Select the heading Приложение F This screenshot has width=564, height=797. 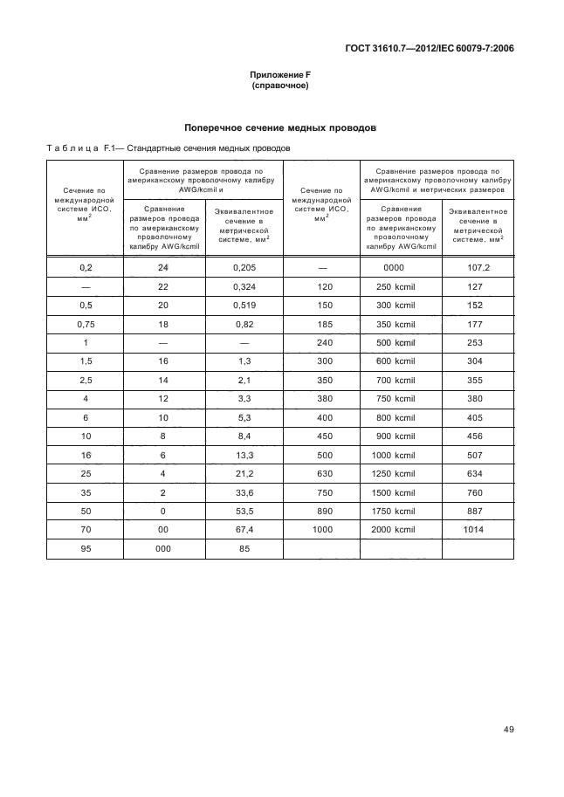(280, 75)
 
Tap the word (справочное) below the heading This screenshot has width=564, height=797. (280, 86)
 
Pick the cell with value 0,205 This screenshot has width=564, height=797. (244, 269)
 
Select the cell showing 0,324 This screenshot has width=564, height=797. (244, 287)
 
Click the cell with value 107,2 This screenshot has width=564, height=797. (478, 269)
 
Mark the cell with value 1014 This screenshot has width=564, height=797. (478, 530)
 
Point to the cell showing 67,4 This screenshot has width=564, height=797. (244, 530)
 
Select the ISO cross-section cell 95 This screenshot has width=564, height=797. (85, 549)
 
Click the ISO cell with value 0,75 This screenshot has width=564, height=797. (85, 325)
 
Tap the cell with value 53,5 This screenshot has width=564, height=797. (244, 512)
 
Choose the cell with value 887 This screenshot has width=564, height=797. (478, 512)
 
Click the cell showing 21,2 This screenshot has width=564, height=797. (244, 474)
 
